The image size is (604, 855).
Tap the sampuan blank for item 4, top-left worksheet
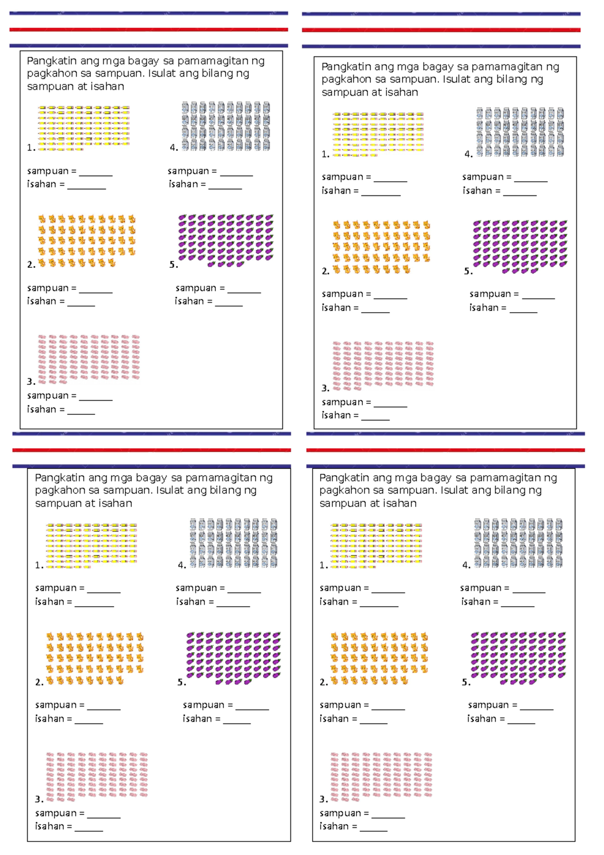pos(236,172)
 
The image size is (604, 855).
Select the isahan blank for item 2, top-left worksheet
pos(81,302)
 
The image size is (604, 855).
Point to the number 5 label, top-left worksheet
pos(173,265)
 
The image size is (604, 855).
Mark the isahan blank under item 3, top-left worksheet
pos(81,410)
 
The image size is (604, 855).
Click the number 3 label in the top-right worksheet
pos(325,388)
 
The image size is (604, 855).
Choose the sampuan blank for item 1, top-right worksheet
pos(390,178)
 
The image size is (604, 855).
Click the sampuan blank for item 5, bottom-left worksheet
pos(252,706)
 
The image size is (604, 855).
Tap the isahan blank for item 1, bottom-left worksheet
pos(94,603)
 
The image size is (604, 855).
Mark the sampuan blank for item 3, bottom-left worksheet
pos(104,814)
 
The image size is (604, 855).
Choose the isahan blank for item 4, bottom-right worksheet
pos(517,603)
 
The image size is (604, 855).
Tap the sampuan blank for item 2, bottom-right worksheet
pos(388,706)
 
